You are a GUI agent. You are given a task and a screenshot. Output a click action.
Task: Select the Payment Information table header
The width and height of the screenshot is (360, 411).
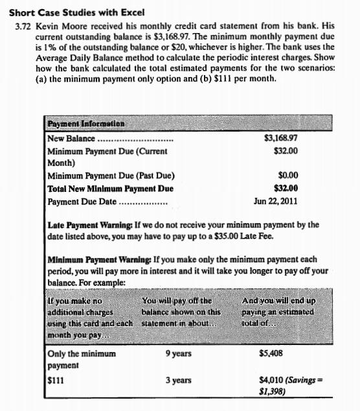click(x=86, y=123)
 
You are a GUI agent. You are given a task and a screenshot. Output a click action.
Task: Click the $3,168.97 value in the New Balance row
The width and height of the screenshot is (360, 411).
click(x=281, y=138)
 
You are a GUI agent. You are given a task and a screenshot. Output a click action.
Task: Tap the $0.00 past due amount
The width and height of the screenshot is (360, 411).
click(x=287, y=176)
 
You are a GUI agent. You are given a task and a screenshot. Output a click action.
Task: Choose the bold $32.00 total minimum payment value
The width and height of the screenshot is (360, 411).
click(x=286, y=189)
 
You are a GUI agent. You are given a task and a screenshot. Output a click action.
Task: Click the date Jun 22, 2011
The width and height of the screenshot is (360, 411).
click(x=276, y=201)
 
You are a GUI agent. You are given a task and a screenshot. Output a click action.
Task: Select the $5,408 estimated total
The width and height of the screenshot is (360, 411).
click(x=271, y=354)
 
